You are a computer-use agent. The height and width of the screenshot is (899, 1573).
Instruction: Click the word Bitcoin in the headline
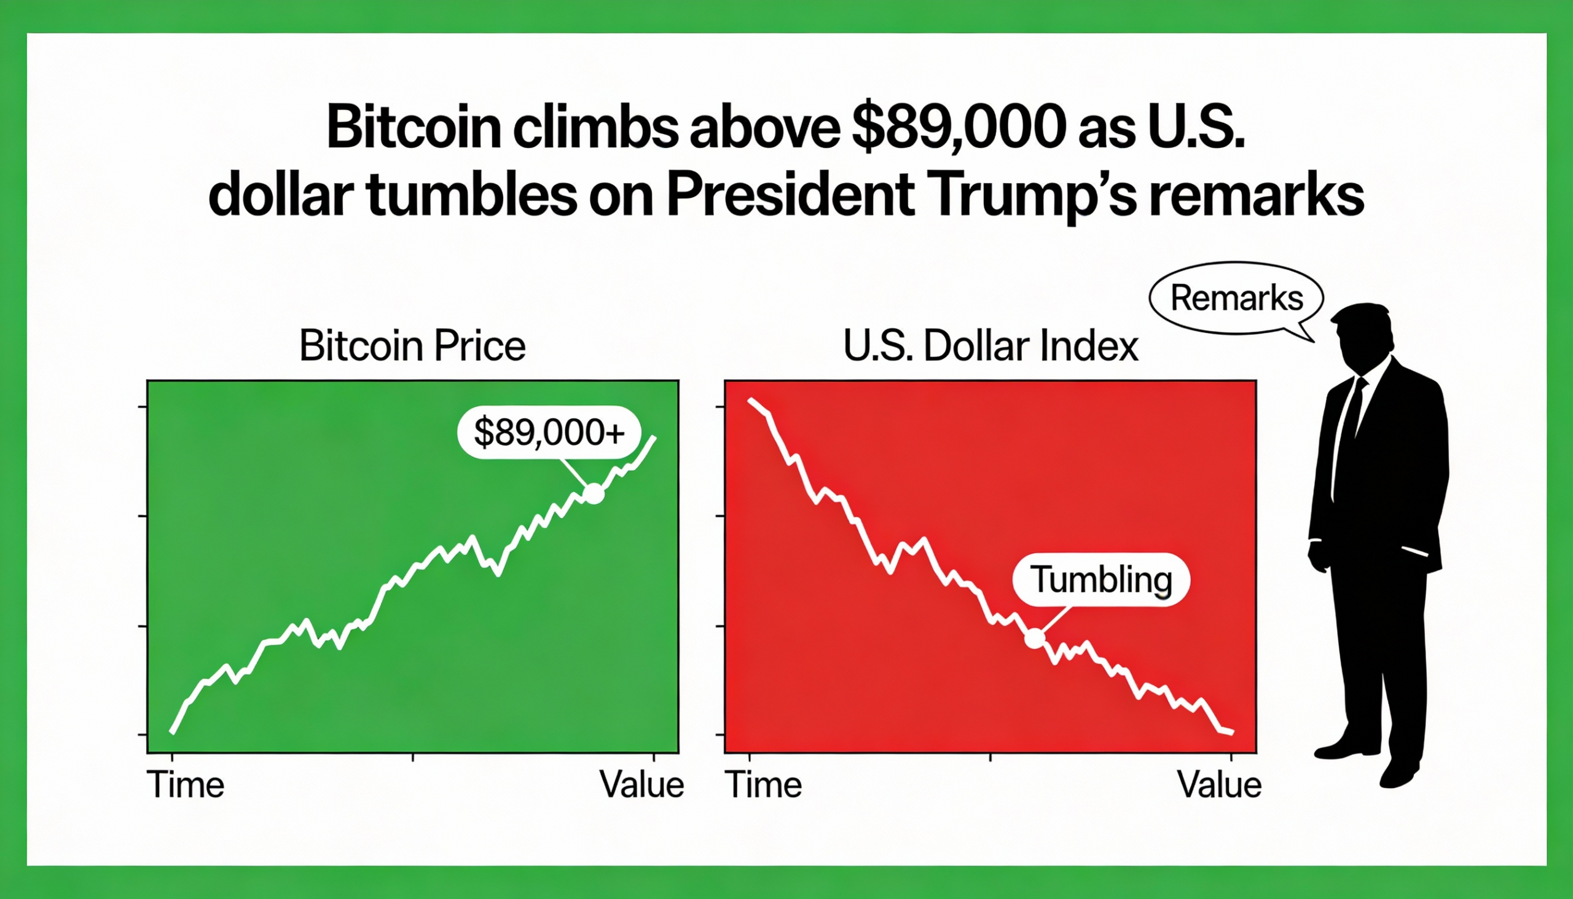pos(412,128)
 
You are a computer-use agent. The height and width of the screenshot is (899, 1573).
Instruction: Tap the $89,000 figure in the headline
pos(958,128)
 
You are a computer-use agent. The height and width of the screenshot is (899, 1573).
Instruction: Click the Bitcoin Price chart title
pos(412,346)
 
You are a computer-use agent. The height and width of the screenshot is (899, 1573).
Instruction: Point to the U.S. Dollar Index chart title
pos(990,346)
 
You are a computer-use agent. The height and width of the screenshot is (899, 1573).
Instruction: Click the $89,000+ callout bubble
pos(549,432)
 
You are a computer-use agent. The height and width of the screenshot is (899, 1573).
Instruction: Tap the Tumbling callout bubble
pos(1101,580)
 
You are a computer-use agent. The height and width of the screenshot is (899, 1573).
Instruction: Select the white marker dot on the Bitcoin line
pos(594,493)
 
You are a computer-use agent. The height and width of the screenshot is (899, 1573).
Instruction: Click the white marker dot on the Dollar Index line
pos(1035,638)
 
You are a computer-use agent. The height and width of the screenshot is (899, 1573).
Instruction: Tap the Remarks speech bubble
pos(1236,298)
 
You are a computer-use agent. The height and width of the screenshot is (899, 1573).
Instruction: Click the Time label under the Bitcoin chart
pos(186,785)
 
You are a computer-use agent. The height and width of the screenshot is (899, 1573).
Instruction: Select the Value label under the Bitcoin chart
pos(641,785)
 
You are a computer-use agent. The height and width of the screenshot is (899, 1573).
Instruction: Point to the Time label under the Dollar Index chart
pos(764,785)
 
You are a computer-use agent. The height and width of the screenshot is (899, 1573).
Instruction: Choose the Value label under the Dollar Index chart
pos(1219,785)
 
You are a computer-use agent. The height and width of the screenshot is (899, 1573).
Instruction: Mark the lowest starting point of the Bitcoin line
pos(173,732)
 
